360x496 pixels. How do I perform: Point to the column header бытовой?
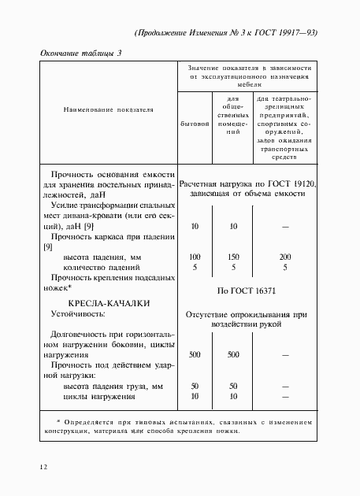coord(195,123)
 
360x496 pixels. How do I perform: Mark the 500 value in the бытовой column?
coord(195,355)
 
